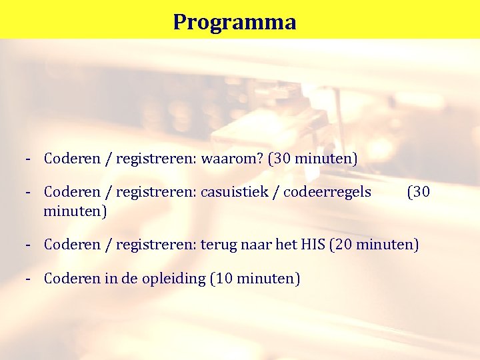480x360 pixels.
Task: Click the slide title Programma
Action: click(235, 22)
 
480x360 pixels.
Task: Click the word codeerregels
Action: click(327, 193)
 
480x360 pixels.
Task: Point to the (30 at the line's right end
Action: click(419, 193)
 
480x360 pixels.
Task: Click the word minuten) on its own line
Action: click(75, 211)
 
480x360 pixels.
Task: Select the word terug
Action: click(216, 245)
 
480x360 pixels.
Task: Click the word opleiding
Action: click(173, 279)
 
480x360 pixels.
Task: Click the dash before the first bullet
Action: click(29, 159)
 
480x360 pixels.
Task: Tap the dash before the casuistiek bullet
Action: click(29, 193)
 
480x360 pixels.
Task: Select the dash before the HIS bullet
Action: click(29, 245)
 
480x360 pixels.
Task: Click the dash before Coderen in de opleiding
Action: click(29, 278)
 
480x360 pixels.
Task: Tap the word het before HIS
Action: click(285, 245)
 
